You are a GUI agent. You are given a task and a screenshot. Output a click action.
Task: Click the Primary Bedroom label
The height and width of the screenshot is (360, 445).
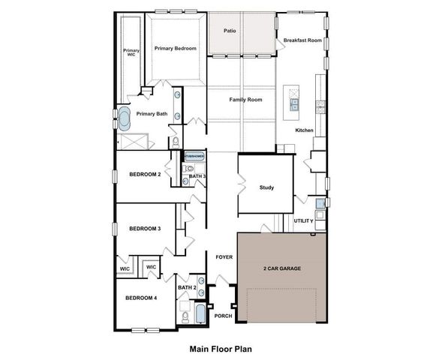pos(176,49)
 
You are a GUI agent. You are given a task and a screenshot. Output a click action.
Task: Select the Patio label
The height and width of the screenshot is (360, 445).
pos(232,31)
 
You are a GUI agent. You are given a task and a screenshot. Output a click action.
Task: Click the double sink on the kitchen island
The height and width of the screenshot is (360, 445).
pos(294,104)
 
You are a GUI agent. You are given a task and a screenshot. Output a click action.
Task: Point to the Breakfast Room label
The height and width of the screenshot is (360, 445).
pos(302,40)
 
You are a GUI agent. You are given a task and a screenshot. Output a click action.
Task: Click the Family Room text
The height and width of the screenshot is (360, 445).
pos(245,99)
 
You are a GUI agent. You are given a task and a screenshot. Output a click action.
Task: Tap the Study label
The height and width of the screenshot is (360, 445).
pos(266,187)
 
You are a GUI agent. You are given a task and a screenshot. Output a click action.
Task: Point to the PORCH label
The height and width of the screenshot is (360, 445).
pos(223,316)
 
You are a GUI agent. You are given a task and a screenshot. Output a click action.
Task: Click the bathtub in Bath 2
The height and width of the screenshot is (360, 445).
pos(200,313)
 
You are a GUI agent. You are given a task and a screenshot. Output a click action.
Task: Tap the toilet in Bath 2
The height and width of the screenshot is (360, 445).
pos(184,315)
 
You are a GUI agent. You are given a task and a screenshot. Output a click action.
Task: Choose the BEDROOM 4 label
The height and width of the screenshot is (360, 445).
pos(141,298)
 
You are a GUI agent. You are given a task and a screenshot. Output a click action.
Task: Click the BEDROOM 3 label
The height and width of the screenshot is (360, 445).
pos(145,229)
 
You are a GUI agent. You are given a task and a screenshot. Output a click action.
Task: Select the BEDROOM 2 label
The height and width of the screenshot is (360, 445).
pos(145,174)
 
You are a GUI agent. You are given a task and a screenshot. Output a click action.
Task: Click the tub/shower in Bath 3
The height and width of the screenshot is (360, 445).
pos(194,157)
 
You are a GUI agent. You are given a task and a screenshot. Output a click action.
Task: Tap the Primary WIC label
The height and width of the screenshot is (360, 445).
pos(131,52)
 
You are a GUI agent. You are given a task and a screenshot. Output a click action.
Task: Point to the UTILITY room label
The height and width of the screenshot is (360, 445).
pos(303,221)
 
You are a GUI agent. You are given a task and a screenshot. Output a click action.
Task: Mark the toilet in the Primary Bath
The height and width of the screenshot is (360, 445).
pos(175,140)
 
